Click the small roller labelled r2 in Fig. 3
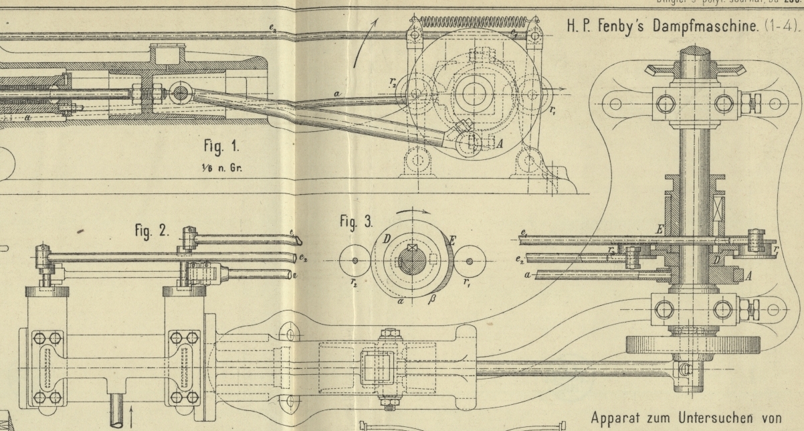355,260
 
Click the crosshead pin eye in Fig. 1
179,93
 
